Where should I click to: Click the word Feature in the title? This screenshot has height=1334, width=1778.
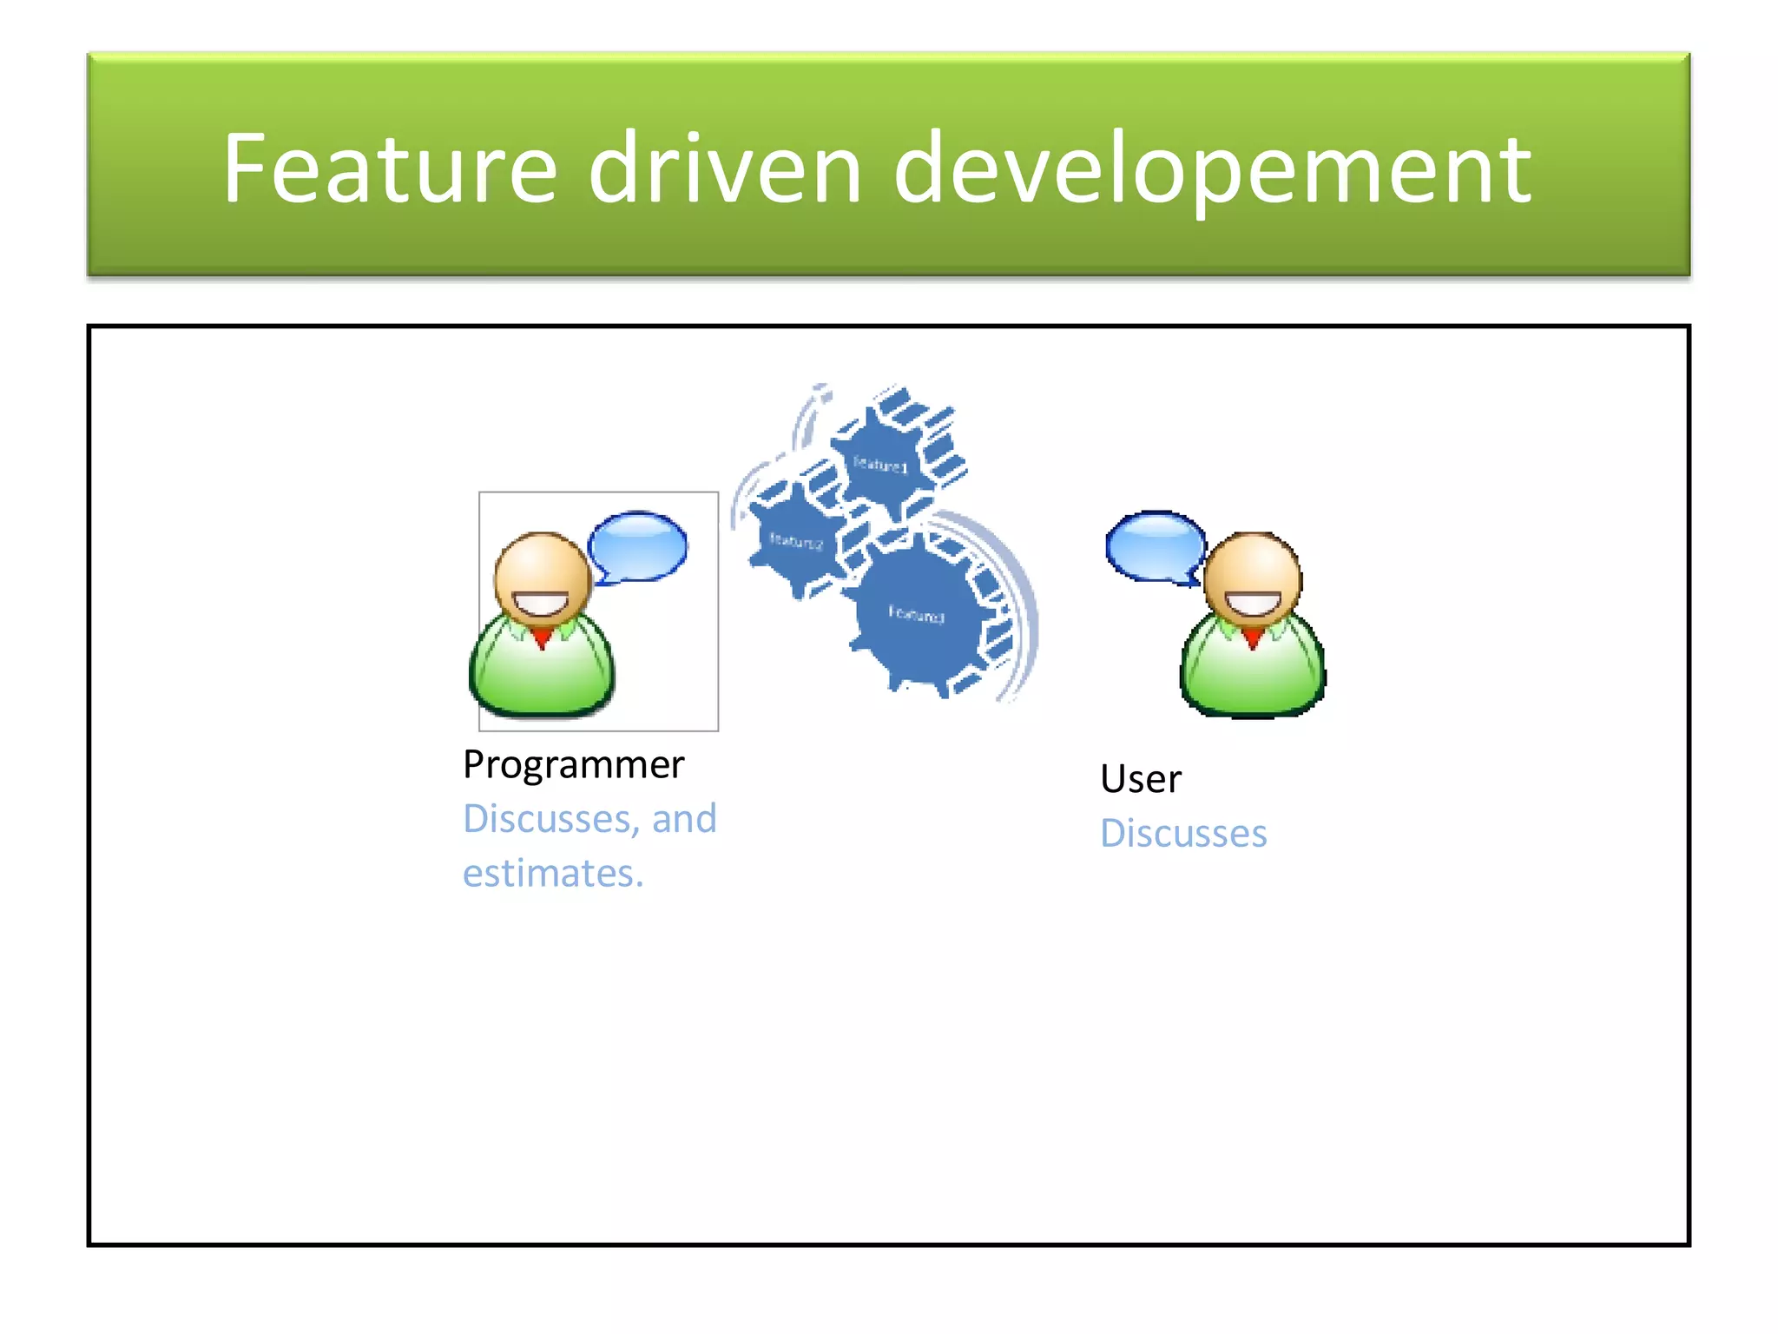[389, 168]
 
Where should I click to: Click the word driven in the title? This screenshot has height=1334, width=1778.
[724, 168]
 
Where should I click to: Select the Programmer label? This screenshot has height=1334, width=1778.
[573, 765]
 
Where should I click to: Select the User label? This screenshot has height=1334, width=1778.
[1140, 779]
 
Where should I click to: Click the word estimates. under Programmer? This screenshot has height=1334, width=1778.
[553, 873]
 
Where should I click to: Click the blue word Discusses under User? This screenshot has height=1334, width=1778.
[1183, 834]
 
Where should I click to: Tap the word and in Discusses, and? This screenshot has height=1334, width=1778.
[684, 819]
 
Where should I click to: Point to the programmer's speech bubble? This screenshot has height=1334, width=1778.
[639, 546]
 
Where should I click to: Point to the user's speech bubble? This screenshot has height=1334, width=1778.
[1155, 546]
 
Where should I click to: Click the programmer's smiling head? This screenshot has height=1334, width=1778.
[543, 578]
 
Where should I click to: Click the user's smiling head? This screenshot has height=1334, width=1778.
[1253, 578]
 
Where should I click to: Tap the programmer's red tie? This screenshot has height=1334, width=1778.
[543, 639]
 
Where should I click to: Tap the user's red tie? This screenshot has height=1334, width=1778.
[1253, 639]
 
